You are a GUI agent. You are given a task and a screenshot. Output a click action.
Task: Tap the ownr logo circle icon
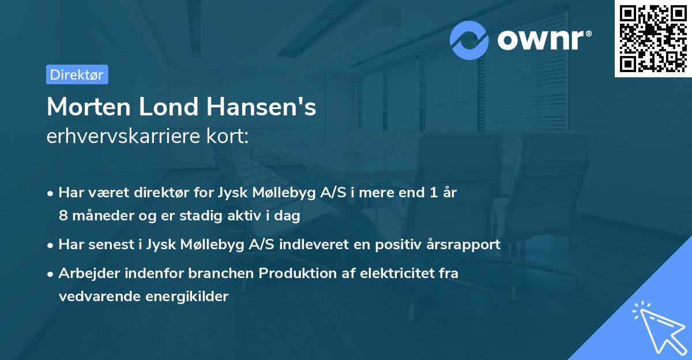(469, 40)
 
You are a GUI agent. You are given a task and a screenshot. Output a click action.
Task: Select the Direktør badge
(77, 74)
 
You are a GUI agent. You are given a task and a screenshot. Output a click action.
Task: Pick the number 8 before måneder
(63, 216)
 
